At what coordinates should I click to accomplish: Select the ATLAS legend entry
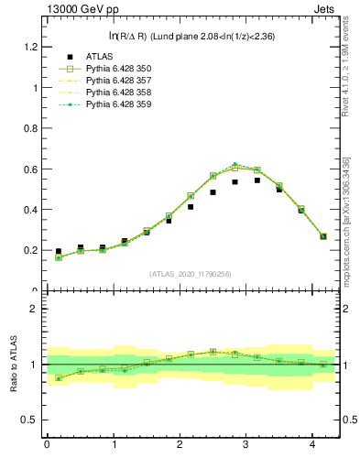99,57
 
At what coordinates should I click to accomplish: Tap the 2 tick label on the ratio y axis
33,309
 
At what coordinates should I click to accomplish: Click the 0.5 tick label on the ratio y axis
28,420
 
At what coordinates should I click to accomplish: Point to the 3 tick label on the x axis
246,445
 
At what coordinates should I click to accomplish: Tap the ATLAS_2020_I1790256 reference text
191,274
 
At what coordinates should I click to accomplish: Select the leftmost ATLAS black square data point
59,251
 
